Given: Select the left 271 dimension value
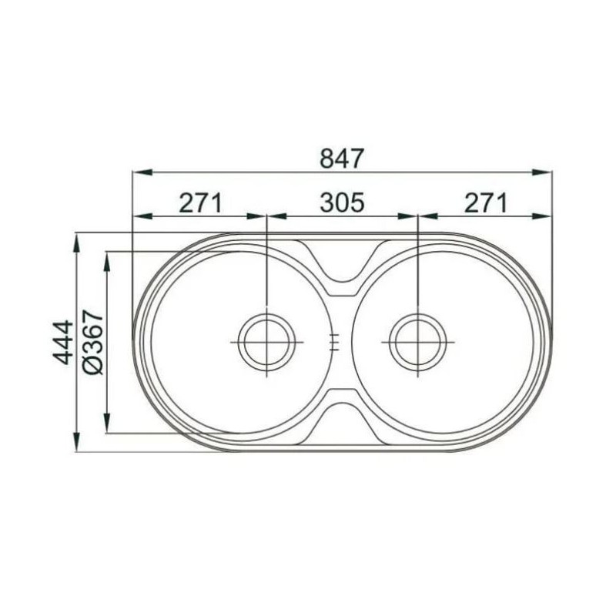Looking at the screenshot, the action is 201,203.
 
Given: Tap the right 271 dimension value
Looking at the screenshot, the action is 486,203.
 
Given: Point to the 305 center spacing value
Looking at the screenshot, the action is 342,203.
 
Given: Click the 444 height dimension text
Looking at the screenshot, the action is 63,342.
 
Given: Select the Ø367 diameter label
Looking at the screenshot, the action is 93,342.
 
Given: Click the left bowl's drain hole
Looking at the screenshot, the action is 266,342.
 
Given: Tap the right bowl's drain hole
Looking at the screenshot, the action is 417,342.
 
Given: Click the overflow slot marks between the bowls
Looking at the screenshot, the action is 334,342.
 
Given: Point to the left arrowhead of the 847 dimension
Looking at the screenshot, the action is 142,172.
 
